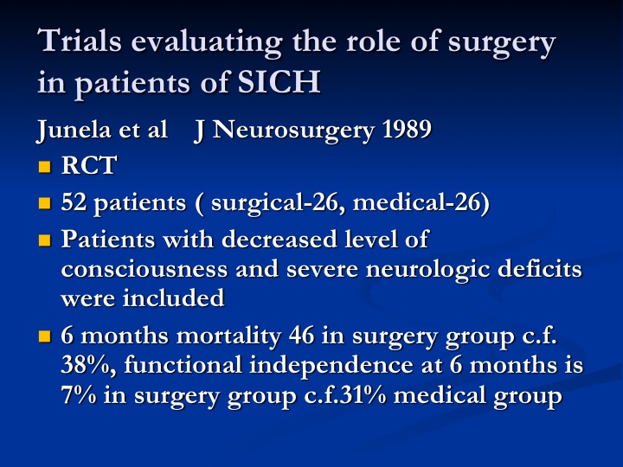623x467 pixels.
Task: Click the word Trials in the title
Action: click(80, 41)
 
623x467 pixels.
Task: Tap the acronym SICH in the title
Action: click(279, 82)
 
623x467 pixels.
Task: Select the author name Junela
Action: click(74, 130)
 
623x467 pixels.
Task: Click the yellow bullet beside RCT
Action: click(44, 166)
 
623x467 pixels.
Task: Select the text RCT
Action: click(89, 165)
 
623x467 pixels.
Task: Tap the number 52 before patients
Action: click(74, 202)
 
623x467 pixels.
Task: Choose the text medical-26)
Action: click(421, 202)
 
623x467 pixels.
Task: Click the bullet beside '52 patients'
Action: click(44, 203)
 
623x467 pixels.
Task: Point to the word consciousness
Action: click(145, 269)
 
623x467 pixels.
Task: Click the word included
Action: click(174, 297)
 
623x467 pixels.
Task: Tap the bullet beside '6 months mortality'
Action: click(44, 336)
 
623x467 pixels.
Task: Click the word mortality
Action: click(228, 336)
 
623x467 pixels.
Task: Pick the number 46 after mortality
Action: click(302, 336)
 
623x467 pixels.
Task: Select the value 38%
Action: click(88, 365)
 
